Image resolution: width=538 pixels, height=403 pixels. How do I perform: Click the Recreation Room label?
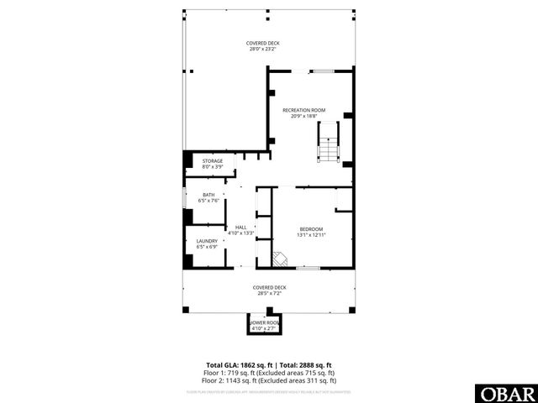tap(303, 110)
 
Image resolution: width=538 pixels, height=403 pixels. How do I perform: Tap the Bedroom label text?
tap(310, 229)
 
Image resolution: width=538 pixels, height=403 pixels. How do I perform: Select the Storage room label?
tap(212, 160)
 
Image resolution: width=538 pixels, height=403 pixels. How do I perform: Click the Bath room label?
tap(208, 195)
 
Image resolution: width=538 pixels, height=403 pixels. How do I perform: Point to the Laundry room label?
tap(207, 241)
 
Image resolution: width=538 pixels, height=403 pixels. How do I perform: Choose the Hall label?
tap(240, 227)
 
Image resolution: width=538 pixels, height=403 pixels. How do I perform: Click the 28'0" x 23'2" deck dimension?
tap(262, 50)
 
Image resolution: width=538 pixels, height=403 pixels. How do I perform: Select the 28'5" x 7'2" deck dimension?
tap(267, 293)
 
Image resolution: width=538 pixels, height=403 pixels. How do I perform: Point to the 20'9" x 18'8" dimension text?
tap(303, 117)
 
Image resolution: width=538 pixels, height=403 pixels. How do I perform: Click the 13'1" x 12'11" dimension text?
tap(310, 236)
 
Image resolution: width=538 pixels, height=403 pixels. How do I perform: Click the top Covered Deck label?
tap(262, 43)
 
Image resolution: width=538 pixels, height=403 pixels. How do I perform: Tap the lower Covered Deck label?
tap(267, 287)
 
